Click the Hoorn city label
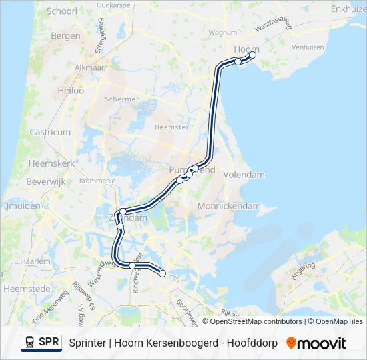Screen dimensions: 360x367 point(246,49)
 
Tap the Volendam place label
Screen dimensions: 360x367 point(245,175)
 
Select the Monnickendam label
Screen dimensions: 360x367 point(228,206)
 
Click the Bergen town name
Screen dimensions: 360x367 point(65,36)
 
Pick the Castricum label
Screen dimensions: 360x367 point(50,132)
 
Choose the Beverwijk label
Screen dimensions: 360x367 point(44,181)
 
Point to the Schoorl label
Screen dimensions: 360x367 point(62,12)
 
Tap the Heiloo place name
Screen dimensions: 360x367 point(71,90)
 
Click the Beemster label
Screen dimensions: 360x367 point(167,126)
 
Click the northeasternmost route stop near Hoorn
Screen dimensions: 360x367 point(252,55)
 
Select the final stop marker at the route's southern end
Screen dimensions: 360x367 point(162,273)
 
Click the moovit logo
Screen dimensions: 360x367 point(316,343)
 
